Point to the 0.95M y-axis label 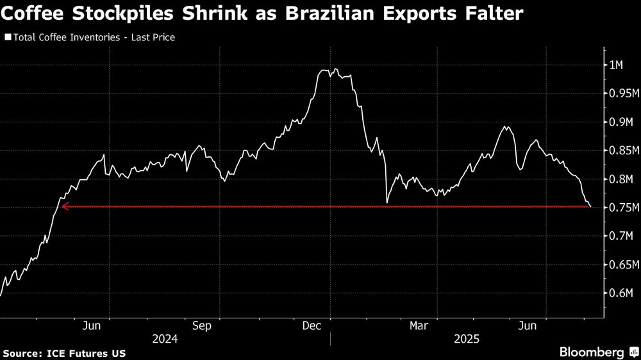620,94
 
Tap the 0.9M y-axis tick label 618,122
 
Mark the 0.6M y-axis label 618,293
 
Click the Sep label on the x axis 202,326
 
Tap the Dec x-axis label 312,326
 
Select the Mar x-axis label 420,326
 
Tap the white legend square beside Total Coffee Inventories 7,37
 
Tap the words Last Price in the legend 153,37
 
